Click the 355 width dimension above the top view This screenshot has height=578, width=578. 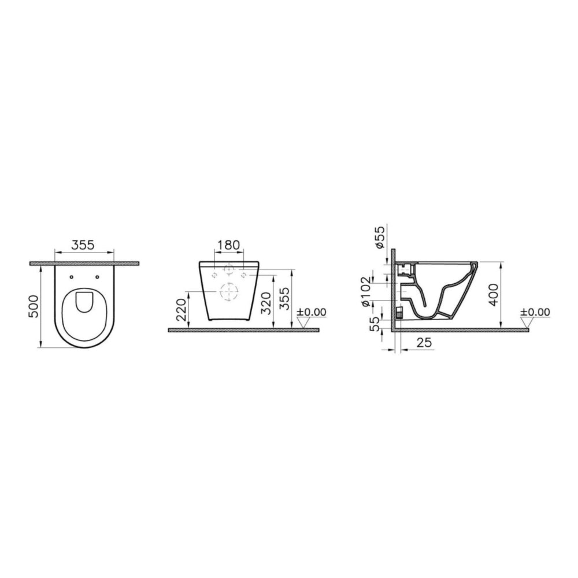coord(83,244)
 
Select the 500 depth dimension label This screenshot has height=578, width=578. coord(34,306)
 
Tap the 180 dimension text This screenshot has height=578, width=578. coord(228,244)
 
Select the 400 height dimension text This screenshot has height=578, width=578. coord(494,295)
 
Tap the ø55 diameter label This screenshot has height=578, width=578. coord(380,238)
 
